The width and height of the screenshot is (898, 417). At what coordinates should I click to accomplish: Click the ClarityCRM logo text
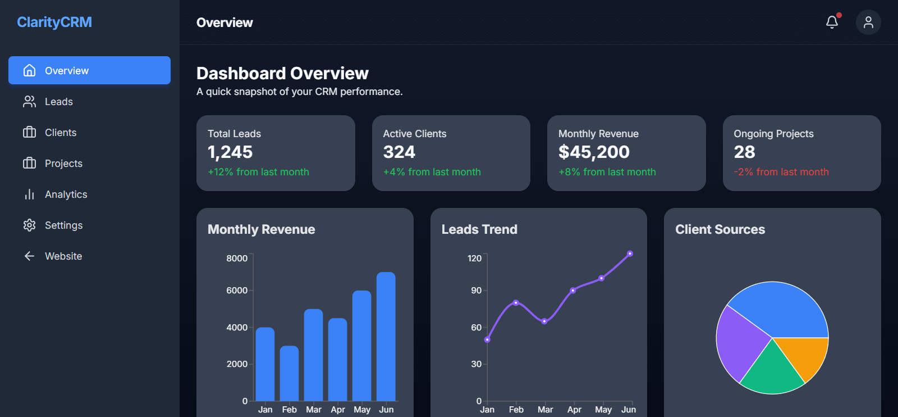click(54, 22)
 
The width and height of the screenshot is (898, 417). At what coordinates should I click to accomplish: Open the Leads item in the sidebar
click(58, 102)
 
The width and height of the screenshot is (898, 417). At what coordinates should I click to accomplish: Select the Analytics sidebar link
click(66, 194)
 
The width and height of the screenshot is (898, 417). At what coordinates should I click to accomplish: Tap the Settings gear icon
click(29, 225)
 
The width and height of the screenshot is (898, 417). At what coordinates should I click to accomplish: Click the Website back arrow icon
click(29, 256)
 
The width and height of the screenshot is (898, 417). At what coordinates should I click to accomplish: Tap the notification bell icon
click(832, 22)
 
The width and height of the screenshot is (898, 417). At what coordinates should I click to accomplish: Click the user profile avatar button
click(868, 22)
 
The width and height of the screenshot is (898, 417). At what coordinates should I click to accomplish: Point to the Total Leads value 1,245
click(230, 152)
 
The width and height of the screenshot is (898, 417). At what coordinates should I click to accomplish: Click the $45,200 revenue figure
click(594, 152)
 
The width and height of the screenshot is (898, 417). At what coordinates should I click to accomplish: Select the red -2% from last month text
click(781, 172)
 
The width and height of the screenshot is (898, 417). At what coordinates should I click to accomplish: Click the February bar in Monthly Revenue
click(289, 373)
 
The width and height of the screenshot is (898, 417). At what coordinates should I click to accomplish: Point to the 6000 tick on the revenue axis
click(237, 291)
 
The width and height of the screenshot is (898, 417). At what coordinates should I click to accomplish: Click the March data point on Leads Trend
click(544, 321)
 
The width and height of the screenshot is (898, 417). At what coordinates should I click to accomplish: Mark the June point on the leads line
click(630, 254)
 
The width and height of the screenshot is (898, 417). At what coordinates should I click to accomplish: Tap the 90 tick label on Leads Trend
click(476, 291)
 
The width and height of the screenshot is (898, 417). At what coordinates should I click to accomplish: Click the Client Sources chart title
click(720, 229)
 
